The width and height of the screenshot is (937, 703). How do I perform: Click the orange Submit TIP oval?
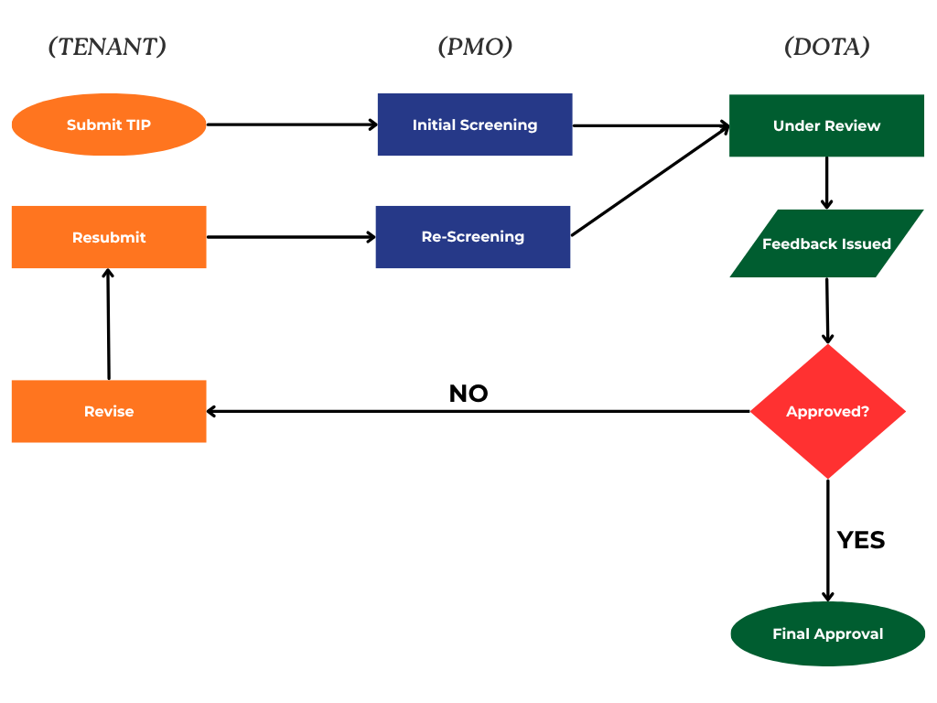(x=109, y=124)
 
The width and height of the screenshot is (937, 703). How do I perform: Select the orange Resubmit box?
(x=109, y=237)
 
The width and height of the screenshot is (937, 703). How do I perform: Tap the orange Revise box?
(x=109, y=411)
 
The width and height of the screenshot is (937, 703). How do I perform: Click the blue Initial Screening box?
(x=475, y=124)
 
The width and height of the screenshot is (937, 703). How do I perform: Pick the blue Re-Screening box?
(x=473, y=236)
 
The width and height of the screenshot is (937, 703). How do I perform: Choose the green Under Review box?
(x=826, y=125)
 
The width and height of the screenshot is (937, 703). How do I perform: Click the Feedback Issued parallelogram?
(x=826, y=243)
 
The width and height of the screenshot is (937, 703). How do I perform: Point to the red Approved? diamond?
(x=828, y=411)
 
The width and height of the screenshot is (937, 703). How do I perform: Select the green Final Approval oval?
(x=828, y=633)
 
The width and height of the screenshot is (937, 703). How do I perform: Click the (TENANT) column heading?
(x=107, y=47)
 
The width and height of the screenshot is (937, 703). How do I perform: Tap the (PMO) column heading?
(x=475, y=47)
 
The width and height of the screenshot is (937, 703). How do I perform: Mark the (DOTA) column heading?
(x=826, y=47)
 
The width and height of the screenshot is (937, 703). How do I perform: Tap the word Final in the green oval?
(x=791, y=633)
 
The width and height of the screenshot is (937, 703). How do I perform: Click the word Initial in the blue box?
(x=433, y=124)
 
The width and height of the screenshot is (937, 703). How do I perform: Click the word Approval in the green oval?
(x=848, y=633)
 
